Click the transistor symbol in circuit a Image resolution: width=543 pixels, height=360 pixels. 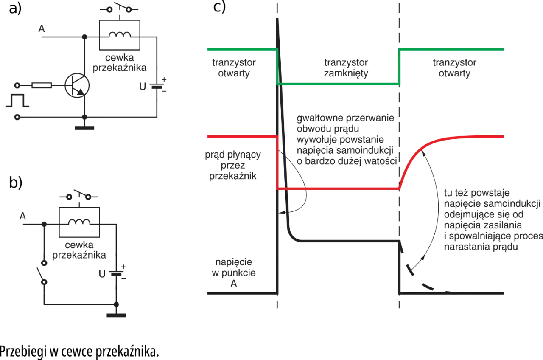pyautogui.click(x=77, y=85)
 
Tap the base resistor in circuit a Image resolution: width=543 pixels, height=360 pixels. pyautogui.click(x=42, y=85)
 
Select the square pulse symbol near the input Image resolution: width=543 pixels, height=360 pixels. pyautogui.click(x=17, y=100)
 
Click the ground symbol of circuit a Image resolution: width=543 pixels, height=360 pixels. pyautogui.click(x=84, y=128)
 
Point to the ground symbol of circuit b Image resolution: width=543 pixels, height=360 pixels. pyautogui.click(x=116, y=315)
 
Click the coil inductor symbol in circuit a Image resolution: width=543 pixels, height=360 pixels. pyautogui.click(x=120, y=35)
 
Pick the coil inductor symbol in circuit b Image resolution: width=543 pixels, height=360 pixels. pyautogui.click(x=79, y=222)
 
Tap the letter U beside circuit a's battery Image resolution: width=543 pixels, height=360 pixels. pyautogui.click(x=143, y=86)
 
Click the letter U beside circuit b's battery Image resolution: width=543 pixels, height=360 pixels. pyautogui.click(x=102, y=274)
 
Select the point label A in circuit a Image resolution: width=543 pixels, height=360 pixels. pyautogui.click(x=42, y=29)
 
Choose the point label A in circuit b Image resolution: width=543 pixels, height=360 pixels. pyautogui.click(x=22, y=216)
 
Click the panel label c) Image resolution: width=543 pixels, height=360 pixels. pyautogui.click(x=219, y=7)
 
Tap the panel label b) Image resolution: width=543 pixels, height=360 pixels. pyautogui.click(x=16, y=183)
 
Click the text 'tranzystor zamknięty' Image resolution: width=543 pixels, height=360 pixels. pyautogui.click(x=346, y=67)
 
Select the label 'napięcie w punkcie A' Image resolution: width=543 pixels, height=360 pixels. pyautogui.click(x=233, y=273)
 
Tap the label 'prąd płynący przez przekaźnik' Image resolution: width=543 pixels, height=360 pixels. pyautogui.click(x=233, y=165)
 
